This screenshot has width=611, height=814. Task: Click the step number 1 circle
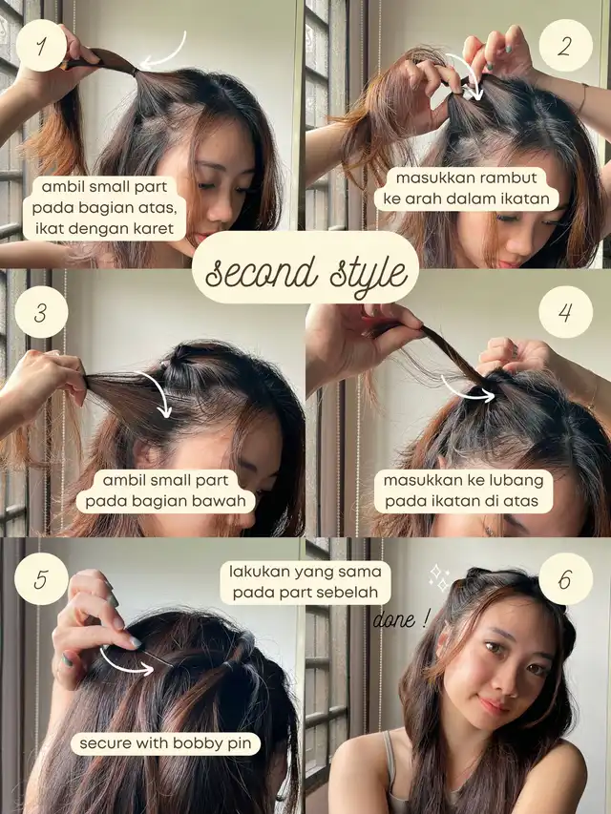[42, 46]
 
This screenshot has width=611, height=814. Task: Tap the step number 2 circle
[566, 46]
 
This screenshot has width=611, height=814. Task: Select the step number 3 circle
[41, 312]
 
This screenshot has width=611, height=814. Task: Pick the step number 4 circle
[566, 312]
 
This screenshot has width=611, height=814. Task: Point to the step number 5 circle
[42, 579]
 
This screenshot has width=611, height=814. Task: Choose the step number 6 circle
[566, 579]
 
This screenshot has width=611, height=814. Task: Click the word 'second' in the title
[262, 272]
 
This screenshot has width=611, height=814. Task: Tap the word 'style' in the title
[369, 274]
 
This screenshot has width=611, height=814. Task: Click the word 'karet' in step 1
[154, 228]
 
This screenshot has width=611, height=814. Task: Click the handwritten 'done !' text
[402, 620]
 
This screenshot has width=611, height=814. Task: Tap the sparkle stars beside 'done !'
[439, 577]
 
